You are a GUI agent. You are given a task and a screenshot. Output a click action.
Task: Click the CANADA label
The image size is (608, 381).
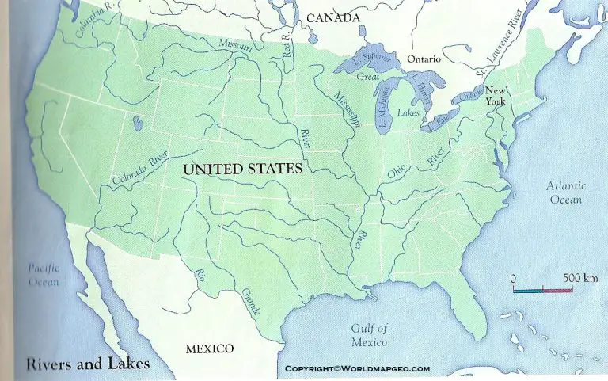tap(333, 17)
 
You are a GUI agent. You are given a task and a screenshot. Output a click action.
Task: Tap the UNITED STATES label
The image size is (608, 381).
tap(242, 169)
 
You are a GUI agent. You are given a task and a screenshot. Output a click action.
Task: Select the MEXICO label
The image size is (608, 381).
tap(209, 349)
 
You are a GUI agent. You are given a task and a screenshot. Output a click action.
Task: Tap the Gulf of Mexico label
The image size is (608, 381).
tap(370, 335)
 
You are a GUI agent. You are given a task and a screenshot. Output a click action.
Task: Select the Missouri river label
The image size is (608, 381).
tap(235, 47)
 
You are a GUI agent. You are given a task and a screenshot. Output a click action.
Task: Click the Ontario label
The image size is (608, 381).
tap(423, 59)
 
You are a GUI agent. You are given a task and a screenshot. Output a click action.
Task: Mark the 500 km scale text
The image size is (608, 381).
tap(580, 279)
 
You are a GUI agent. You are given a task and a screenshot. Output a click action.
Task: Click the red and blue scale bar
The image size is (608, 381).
tap(542, 291)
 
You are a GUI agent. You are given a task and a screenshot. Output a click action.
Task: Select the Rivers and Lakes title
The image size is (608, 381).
tap(88, 365)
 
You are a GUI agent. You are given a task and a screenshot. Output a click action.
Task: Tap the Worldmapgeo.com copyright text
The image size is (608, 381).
tap(357, 369)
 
